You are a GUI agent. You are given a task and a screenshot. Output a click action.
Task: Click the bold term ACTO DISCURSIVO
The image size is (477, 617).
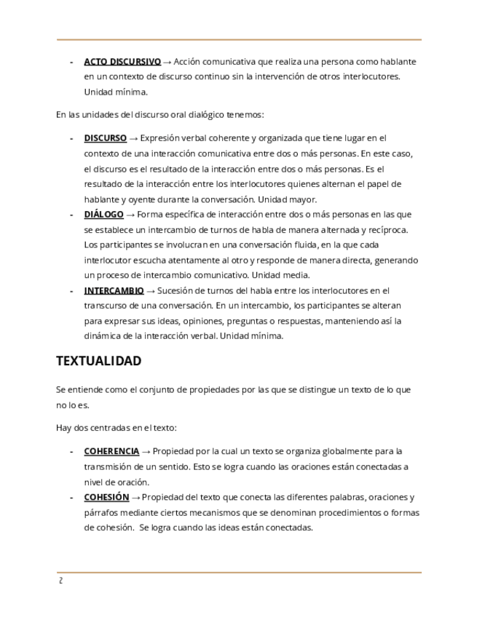point(122,62)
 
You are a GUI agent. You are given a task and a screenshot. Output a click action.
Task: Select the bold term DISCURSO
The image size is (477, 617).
point(105,138)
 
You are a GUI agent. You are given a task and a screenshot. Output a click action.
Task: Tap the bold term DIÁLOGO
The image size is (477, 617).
point(103,214)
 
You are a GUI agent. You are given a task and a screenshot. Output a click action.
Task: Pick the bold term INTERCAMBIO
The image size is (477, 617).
point(114,290)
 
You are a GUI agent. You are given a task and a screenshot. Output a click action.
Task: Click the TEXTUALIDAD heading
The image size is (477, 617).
point(98,361)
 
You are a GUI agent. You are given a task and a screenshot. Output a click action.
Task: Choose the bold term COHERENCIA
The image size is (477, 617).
point(111,451)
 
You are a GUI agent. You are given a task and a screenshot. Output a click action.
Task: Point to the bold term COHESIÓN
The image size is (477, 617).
point(106,497)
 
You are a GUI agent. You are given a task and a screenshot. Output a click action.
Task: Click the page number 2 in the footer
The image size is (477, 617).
point(60,581)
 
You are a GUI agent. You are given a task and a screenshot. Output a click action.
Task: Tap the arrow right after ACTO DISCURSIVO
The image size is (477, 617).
point(167,62)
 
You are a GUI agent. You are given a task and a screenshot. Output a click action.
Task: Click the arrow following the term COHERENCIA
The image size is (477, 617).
point(146,451)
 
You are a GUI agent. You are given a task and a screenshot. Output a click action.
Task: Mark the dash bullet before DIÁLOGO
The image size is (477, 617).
point(71,214)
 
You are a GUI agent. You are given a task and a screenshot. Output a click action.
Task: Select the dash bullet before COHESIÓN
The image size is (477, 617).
point(71,497)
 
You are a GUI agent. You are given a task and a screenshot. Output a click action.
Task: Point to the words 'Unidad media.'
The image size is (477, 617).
point(280,275)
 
